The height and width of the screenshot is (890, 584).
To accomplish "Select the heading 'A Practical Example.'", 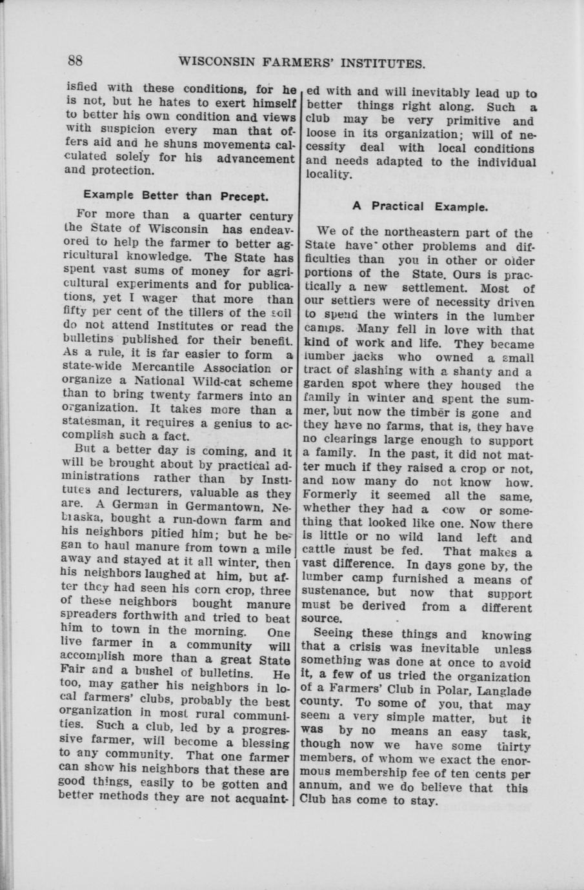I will (420, 207).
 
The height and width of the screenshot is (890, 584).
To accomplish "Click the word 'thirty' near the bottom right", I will (514, 746).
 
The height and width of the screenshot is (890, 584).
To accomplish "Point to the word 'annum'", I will (319, 787).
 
